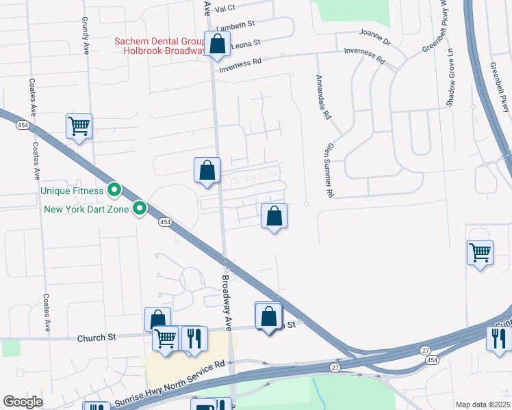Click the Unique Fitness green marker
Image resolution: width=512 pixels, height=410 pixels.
pyautogui.click(x=115, y=191)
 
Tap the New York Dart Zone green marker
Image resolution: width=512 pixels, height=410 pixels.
pyautogui.click(x=140, y=208)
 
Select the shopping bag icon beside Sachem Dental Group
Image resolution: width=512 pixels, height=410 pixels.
pyautogui.click(x=217, y=45)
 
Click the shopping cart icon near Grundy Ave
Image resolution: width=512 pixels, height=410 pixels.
pyautogui.click(x=79, y=126)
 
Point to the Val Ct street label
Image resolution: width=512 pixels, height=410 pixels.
pyautogui.click(x=225, y=8)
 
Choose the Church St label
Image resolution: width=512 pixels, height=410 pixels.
pyautogui.click(x=97, y=338)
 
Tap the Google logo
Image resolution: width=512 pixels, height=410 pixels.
pyautogui.click(x=23, y=402)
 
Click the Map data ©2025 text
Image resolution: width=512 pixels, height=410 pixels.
pyautogui.click(x=482, y=405)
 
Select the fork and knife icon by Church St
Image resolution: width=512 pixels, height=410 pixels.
pyautogui.click(x=194, y=339)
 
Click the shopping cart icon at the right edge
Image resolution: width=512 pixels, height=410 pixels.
pyautogui.click(x=481, y=253)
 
